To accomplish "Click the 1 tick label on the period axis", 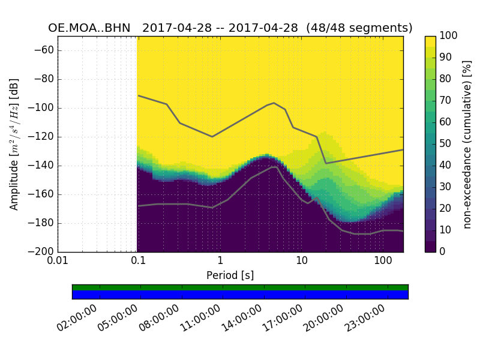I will [x=220, y=261].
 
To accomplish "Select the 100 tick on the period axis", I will [x=383, y=261].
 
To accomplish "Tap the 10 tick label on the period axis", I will [x=302, y=261].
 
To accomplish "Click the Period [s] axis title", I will [x=230, y=275].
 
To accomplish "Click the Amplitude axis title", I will [x=14, y=144].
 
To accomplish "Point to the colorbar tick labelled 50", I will [x=446, y=143].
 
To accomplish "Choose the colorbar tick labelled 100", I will [x=449, y=36].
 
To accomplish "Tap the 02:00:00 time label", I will [x=79, y=318].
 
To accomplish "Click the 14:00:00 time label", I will [x=243, y=318].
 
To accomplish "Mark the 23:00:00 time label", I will [x=366, y=318].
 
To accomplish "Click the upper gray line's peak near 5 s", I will [x=274, y=103].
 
